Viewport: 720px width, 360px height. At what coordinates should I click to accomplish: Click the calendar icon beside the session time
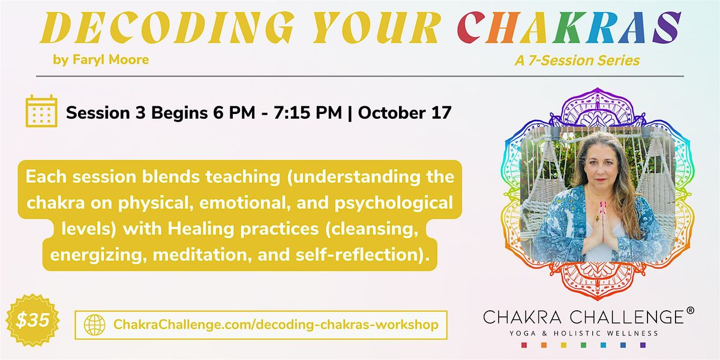(x=41, y=111)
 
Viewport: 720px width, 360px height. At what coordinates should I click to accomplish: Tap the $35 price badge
(x=32, y=320)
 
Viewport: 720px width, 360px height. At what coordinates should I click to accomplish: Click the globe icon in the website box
(x=95, y=325)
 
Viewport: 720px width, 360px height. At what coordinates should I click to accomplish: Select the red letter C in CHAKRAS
(x=471, y=28)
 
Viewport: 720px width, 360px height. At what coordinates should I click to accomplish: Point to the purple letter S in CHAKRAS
(x=667, y=28)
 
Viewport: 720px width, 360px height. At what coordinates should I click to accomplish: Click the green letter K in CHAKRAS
(x=568, y=28)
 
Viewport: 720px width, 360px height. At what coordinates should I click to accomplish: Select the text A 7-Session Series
(x=577, y=61)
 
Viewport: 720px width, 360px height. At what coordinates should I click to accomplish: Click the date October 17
(x=404, y=113)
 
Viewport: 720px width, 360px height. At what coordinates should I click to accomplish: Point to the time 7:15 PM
(x=308, y=113)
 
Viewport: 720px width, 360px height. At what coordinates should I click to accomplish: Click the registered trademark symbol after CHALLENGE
(x=690, y=311)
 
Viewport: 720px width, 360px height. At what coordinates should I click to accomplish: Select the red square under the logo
(x=524, y=345)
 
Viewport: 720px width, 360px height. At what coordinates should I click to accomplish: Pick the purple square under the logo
(x=643, y=345)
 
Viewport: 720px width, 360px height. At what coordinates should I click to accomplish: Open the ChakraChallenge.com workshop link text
(x=276, y=325)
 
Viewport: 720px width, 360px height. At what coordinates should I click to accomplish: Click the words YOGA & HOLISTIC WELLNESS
(x=584, y=334)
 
